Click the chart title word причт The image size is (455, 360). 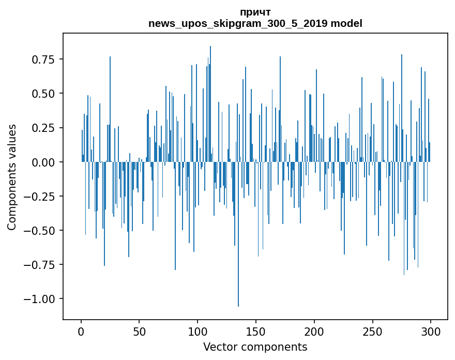tap(255, 12)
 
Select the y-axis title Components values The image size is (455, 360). tap(12, 177)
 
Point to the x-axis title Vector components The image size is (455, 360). tap(255, 347)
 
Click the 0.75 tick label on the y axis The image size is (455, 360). tap(43, 59)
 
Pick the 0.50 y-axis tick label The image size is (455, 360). tap(43, 94)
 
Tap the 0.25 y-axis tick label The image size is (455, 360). tap(43, 128)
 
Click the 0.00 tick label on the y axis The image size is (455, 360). tap(43, 162)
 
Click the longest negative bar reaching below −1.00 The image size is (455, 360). tap(238, 259)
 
